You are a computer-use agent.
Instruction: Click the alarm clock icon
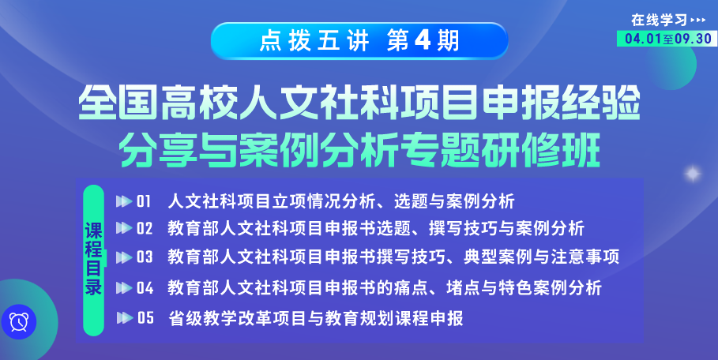(19, 321)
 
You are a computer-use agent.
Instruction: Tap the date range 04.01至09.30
(667, 39)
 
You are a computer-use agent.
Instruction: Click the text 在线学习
(660, 20)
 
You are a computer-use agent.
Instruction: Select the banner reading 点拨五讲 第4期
(359, 41)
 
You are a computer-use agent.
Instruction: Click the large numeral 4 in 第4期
(423, 41)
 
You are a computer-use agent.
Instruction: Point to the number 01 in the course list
(144, 201)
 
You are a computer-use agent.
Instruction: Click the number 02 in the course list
(145, 228)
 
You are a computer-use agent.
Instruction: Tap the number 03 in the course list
(145, 257)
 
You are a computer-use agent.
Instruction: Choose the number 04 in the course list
(145, 287)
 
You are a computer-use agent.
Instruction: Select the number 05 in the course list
(145, 318)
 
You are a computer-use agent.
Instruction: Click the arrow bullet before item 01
(124, 201)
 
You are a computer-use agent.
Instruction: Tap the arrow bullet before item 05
(125, 318)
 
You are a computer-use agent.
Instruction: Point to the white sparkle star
(693, 174)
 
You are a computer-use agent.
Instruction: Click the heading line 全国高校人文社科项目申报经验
(359, 104)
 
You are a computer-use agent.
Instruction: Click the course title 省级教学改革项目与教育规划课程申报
(316, 318)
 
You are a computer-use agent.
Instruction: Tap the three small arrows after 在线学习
(697, 20)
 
